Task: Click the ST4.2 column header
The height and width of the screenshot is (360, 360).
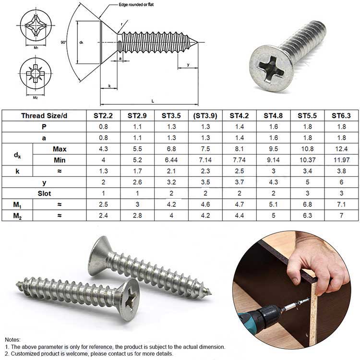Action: [x=239, y=116]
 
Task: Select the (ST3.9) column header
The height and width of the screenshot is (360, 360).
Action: [x=205, y=116]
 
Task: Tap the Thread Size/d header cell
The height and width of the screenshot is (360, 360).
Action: [x=45, y=116]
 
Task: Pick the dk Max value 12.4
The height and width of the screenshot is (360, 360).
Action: [x=341, y=149]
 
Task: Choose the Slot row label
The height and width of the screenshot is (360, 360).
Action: [x=45, y=193]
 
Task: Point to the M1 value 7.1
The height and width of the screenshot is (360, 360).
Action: [x=341, y=204]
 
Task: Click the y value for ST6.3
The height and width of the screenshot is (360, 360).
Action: [x=341, y=182]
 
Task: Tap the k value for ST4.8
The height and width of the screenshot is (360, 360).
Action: [x=273, y=171]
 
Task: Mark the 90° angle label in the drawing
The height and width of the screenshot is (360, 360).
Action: [x=64, y=43]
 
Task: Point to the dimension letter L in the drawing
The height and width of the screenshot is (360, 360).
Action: [x=153, y=101]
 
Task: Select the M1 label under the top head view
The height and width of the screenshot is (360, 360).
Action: [x=36, y=48]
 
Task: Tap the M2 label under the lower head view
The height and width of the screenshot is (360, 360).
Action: [x=36, y=97]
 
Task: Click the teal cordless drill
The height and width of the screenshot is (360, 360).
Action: [x=259, y=320]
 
